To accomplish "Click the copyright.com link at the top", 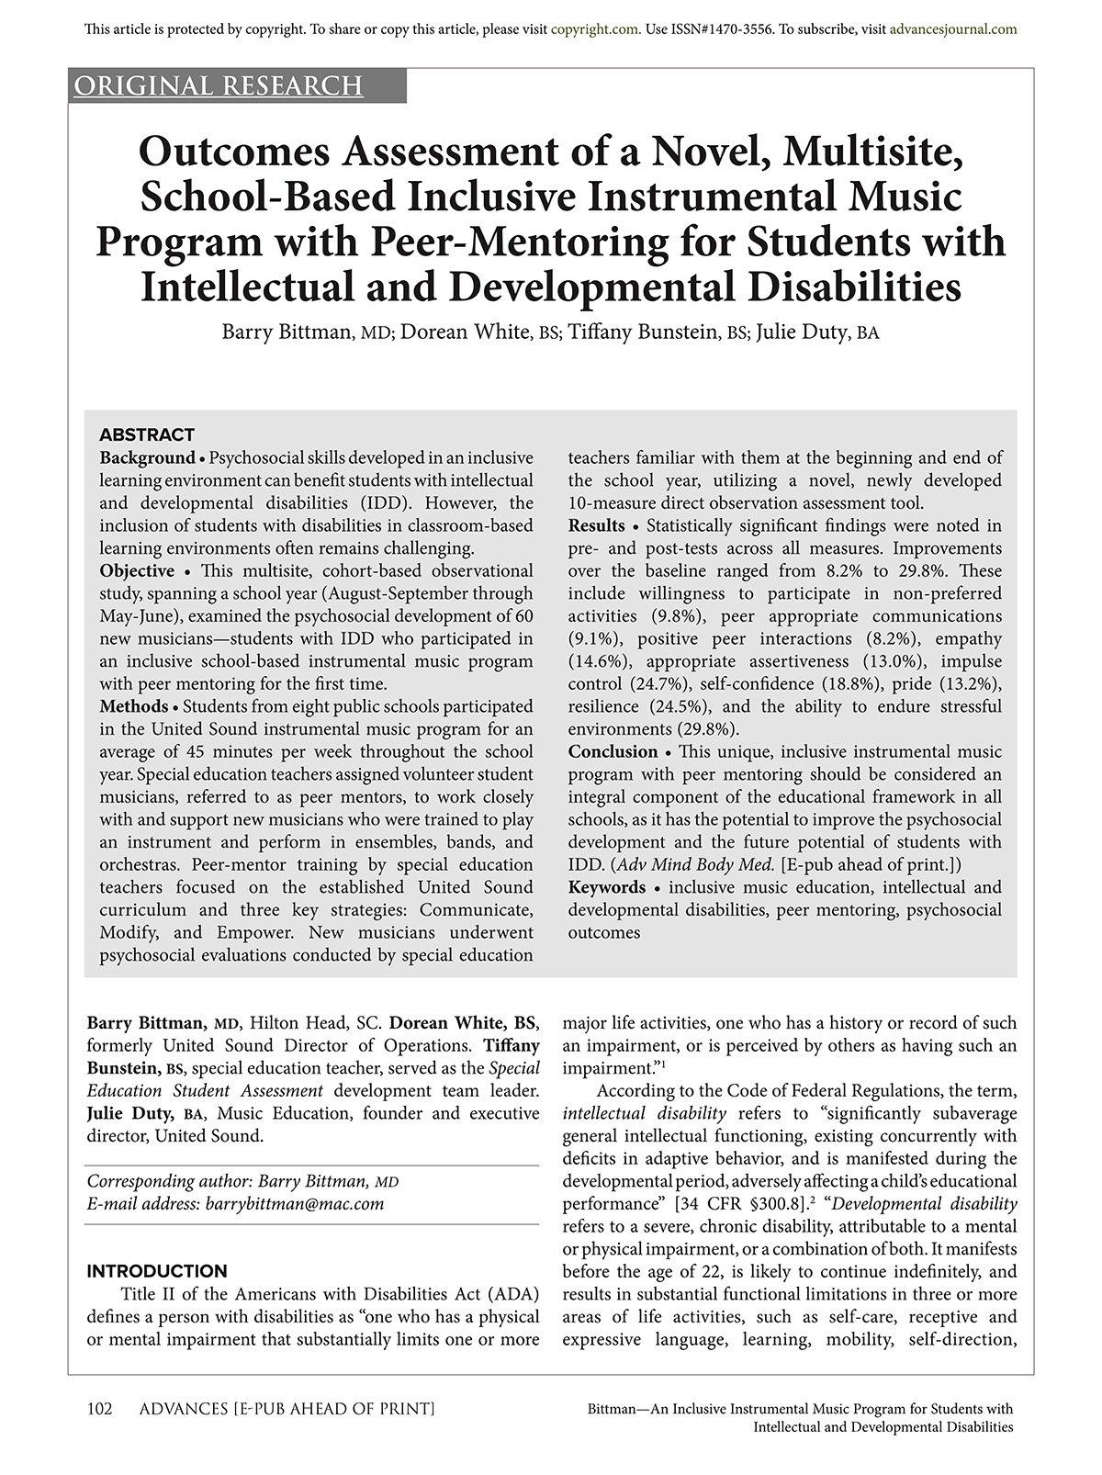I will (595, 28).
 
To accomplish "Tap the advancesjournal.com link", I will (953, 28).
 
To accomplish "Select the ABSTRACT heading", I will (147, 434).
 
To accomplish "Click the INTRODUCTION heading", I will (157, 1271).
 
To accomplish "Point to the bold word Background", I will (148, 457).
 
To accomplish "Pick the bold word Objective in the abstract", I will (137, 570).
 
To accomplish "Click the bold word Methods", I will (134, 706).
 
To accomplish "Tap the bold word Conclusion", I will (613, 751).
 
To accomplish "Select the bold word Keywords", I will (607, 887).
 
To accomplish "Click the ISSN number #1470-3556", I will (729, 28).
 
